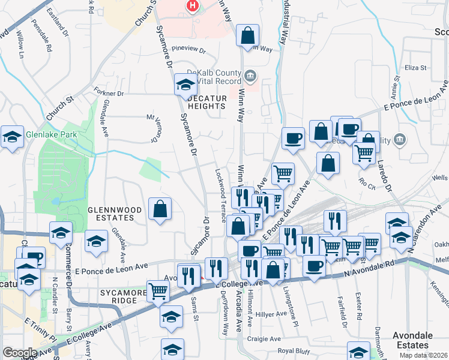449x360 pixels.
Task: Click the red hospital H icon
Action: click(192, 6)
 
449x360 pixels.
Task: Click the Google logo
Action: click(19, 353)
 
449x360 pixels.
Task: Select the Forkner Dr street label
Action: click(109, 94)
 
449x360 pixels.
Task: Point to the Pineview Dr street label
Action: click(188, 50)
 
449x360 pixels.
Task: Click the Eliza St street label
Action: click(415, 68)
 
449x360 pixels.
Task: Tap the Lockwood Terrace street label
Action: click(220, 192)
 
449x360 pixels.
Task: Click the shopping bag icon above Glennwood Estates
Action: click(160, 209)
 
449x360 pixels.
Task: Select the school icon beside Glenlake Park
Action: click(12, 137)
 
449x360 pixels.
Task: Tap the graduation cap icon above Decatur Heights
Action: click(185, 85)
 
